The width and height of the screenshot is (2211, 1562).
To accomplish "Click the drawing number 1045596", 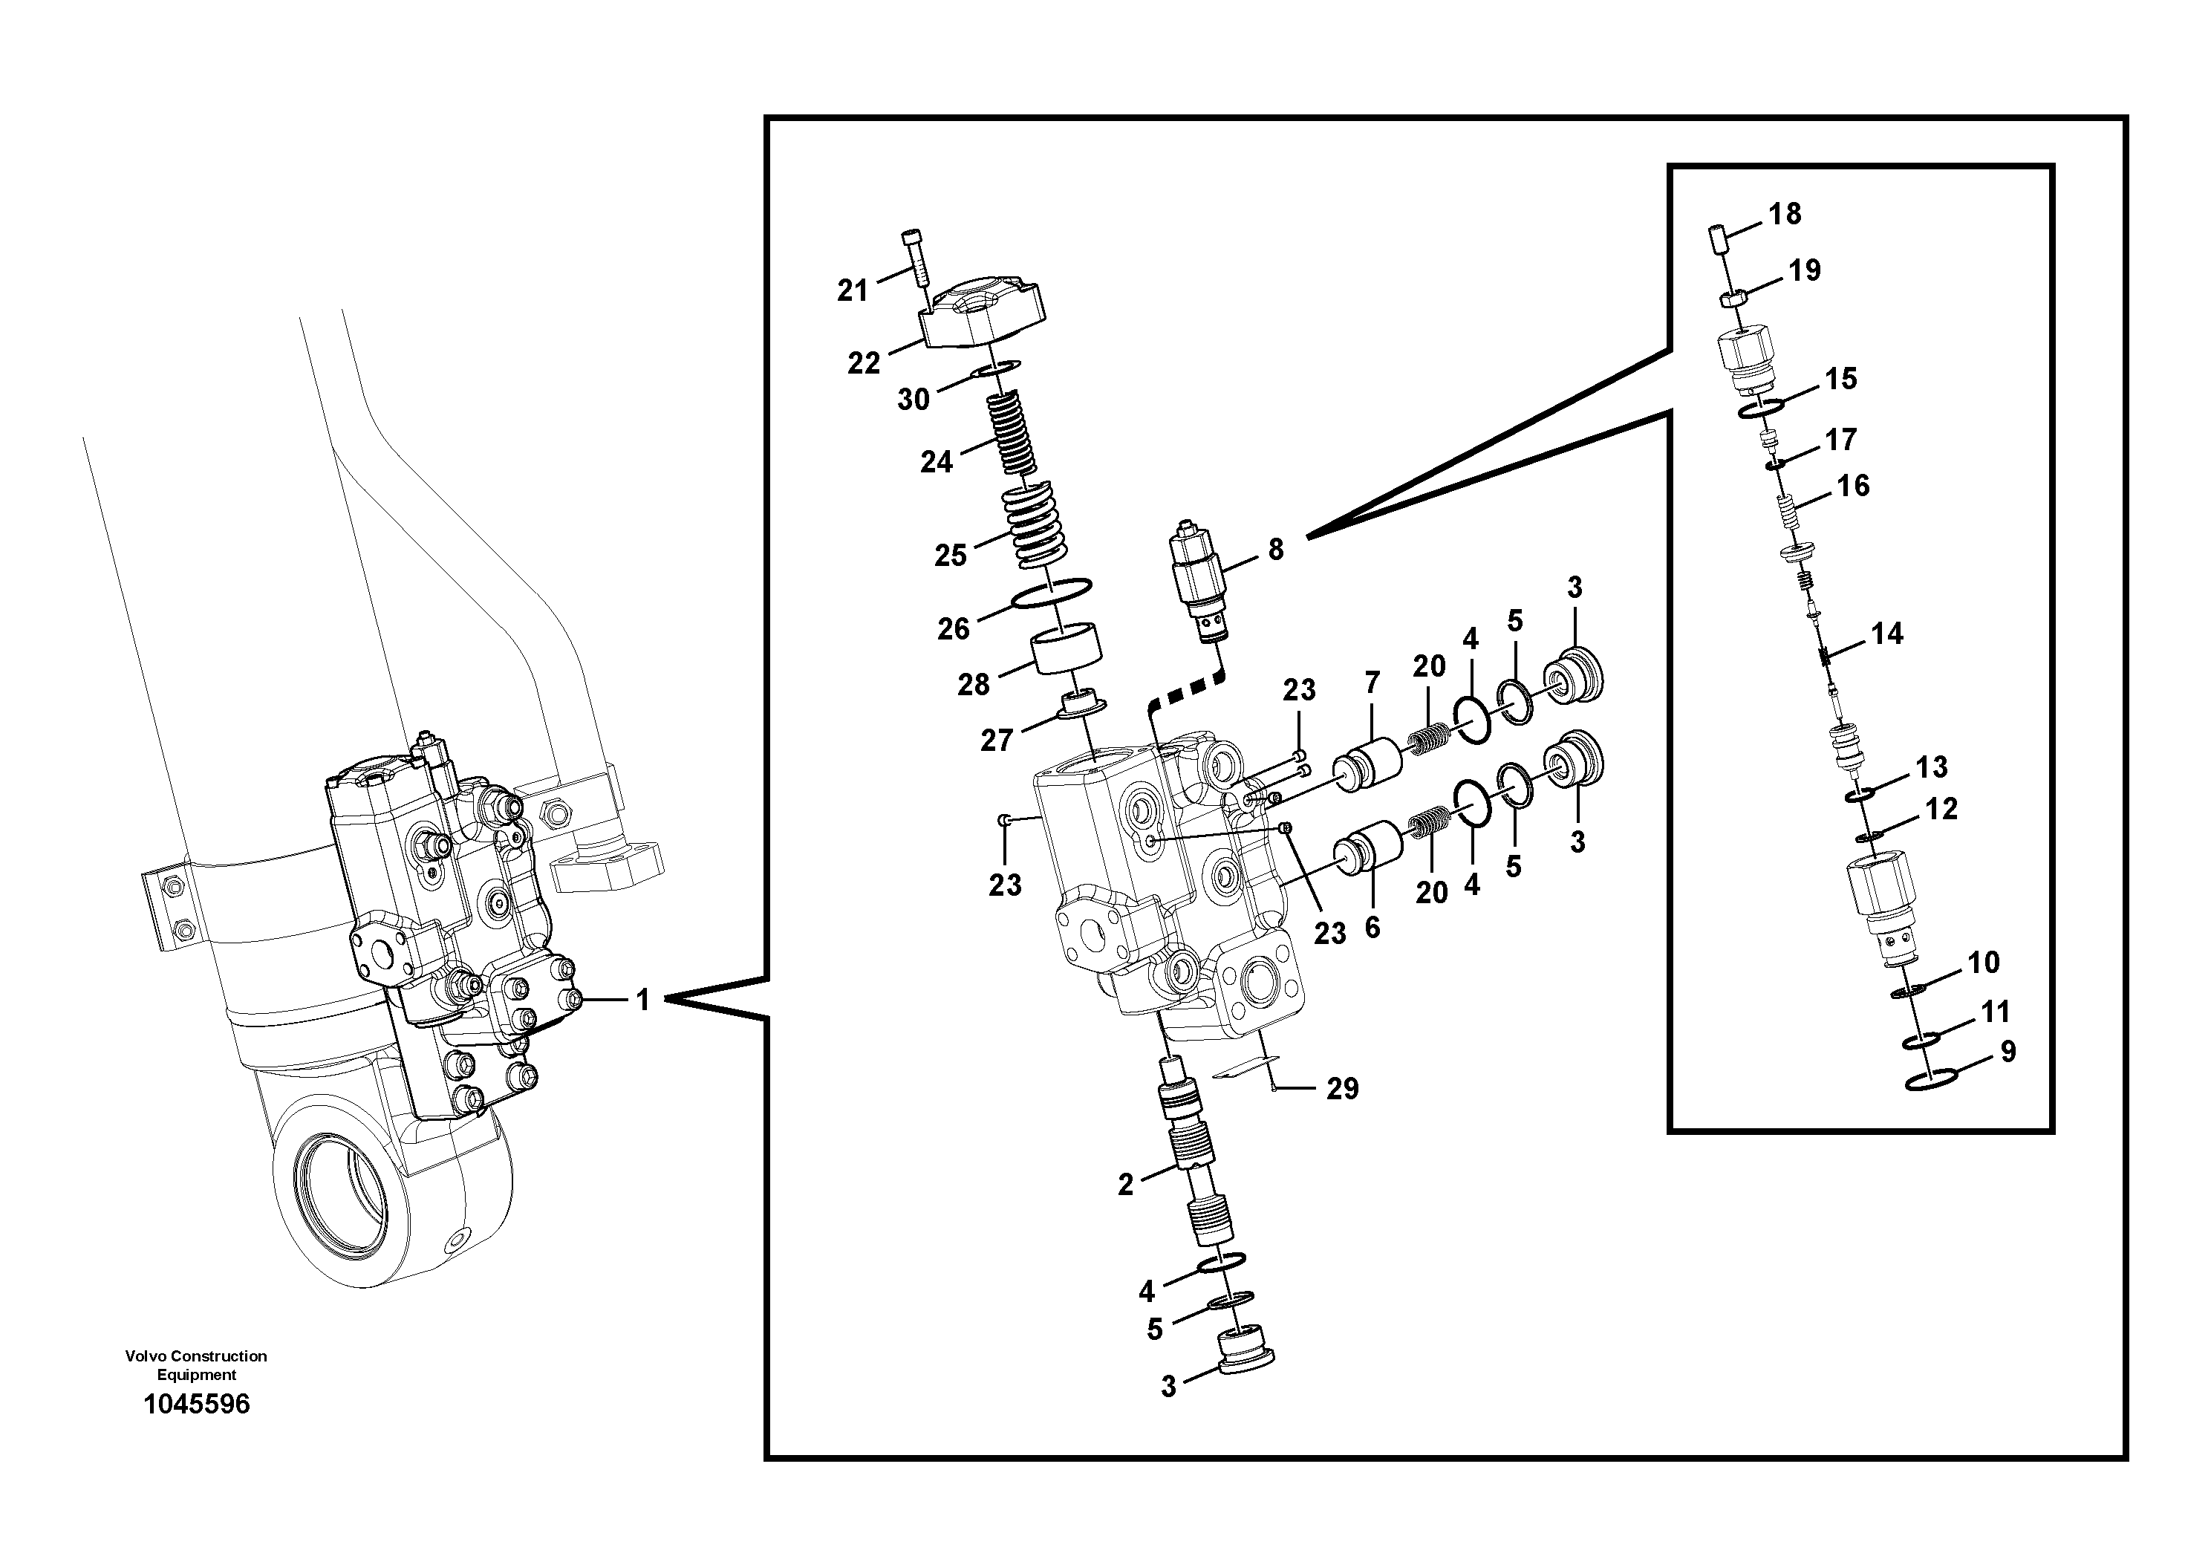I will pyautogui.click(x=197, y=1404).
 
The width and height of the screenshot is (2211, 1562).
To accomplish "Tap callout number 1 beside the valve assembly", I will pyautogui.click(x=643, y=1000).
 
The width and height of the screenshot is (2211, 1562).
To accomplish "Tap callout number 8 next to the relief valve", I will pyautogui.click(x=1275, y=550).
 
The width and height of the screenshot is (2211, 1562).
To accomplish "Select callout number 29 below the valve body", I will pyautogui.click(x=1342, y=1088).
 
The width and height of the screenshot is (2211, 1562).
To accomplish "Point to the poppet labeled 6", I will pyautogui.click(x=1368, y=847).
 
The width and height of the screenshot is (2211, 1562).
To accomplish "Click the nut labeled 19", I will pyautogui.click(x=1730, y=299).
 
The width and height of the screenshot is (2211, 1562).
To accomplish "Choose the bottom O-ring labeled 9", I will pyautogui.click(x=1932, y=1081).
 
